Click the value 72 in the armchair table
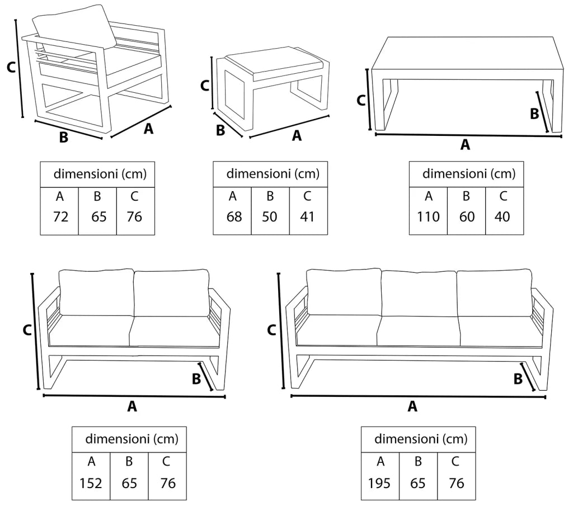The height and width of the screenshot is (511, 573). [60, 216]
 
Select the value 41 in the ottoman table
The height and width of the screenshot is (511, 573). [308, 216]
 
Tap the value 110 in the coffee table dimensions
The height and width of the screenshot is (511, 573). [428, 216]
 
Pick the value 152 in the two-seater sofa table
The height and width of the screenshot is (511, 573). [91, 482]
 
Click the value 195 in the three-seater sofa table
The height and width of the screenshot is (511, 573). [380, 482]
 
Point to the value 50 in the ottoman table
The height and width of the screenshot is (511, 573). [270, 216]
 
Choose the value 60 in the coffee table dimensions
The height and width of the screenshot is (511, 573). [466, 216]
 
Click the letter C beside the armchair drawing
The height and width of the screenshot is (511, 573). [10, 68]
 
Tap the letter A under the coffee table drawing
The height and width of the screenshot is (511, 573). [464, 145]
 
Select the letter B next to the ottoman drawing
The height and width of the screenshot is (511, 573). [220, 130]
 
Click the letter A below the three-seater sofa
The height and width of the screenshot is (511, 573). [412, 407]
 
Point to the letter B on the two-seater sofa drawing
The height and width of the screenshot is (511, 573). [196, 378]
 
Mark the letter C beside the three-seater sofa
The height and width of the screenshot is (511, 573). [271, 330]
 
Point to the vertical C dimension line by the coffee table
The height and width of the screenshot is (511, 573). [369, 100]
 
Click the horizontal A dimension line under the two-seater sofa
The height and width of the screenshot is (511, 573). [134, 396]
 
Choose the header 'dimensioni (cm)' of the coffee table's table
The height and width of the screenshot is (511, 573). [468, 173]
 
